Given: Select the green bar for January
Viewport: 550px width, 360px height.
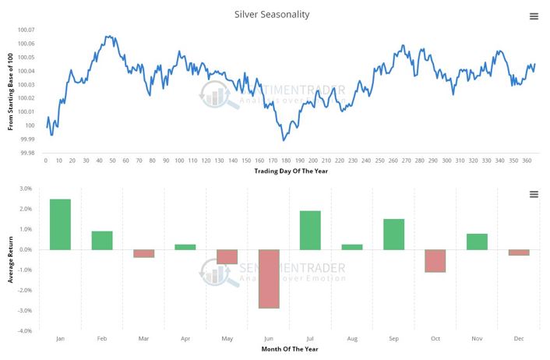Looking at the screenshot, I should [x=60, y=224].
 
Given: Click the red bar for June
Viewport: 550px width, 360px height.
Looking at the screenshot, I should [x=269, y=278].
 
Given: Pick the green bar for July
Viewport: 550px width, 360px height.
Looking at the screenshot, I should [x=310, y=230].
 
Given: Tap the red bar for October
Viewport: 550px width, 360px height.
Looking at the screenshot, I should [x=435, y=260].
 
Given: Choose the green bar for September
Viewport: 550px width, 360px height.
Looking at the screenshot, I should [x=393, y=234].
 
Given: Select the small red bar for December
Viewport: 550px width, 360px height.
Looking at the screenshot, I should [x=519, y=252].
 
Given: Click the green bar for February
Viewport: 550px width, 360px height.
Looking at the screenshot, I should [x=102, y=240].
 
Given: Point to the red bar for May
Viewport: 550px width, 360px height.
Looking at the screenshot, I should [x=227, y=256].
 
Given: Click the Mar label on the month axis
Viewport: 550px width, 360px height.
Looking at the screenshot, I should [x=143, y=339].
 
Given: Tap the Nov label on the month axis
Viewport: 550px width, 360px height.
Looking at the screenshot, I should [x=477, y=339].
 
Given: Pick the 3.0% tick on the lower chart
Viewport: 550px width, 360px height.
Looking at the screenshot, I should [x=24, y=189].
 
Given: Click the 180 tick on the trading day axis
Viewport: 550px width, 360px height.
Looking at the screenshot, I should [x=286, y=160].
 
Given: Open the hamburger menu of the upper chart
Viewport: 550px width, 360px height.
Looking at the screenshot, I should [x=534, y=16].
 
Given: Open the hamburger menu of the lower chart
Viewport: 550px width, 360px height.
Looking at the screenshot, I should [x=534, y=194].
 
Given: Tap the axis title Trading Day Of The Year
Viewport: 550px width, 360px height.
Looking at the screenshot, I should [x=289, y=171].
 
